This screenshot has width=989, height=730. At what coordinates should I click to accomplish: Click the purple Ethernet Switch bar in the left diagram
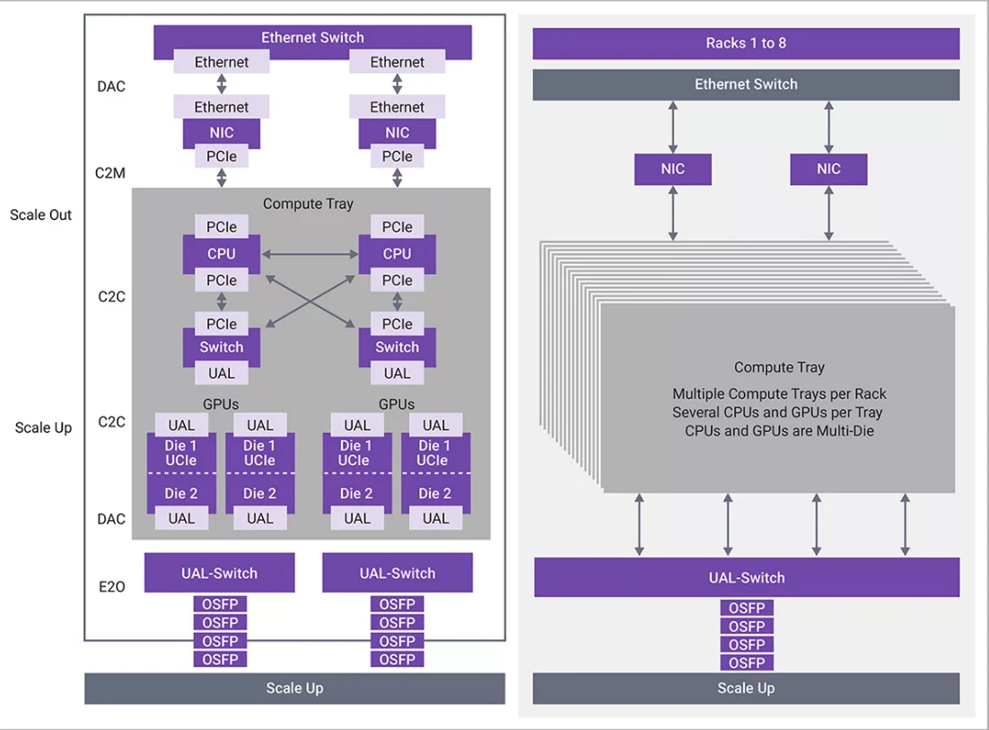click(x=312, y=38)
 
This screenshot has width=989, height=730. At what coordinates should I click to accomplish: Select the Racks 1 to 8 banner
click(x=746, y=43)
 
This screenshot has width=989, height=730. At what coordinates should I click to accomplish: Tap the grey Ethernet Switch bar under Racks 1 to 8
click(x=746, y=84)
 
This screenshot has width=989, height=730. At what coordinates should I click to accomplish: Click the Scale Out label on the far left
click(x=41, y=215)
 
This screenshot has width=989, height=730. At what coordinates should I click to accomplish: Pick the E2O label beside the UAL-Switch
click(x=111, y=586)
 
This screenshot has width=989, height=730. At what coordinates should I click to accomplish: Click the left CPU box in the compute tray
click(x=221, y=254)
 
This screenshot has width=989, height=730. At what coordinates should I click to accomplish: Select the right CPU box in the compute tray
click(x=397, y=254)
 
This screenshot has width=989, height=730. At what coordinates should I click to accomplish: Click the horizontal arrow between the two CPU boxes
click(x=309, y=254)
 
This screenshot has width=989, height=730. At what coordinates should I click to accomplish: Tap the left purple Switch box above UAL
click(x=221, y=347)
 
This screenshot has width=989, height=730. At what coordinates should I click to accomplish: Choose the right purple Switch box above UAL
click(x=397, y=347)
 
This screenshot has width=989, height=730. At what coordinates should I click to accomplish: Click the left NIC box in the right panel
click(x=672, y=169)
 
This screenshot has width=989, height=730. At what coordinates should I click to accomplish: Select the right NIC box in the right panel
click(x=828, y=169)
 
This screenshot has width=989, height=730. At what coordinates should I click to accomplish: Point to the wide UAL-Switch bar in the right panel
click(x=746, y=577)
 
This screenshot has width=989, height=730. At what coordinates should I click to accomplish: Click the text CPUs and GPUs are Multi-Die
click(x=778, y=431)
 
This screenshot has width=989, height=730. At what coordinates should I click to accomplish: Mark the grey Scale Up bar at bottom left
click(x=294, y=689)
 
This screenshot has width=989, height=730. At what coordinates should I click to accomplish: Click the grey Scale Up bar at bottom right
click(x=746, y=689)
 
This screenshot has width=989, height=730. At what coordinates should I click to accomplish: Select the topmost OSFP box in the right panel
click(x=746, y=608)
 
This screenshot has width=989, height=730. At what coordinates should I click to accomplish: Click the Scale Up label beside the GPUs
click(x=43, y=427)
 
